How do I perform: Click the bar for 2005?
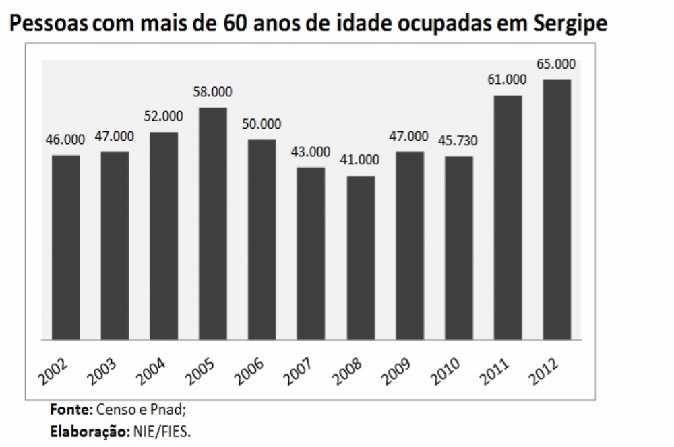coord(213,223)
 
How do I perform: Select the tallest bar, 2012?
coord(557,209)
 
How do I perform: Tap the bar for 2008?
coord(361,257)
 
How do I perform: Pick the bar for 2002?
coord(66,246)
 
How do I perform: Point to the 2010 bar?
coord(459,247)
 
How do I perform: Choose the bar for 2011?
coord(508,217)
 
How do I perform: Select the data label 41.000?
coord(360,160)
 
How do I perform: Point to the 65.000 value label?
coord(556,64)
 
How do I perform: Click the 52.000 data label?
coord(163,116)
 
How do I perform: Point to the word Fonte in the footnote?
coord(70,409)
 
